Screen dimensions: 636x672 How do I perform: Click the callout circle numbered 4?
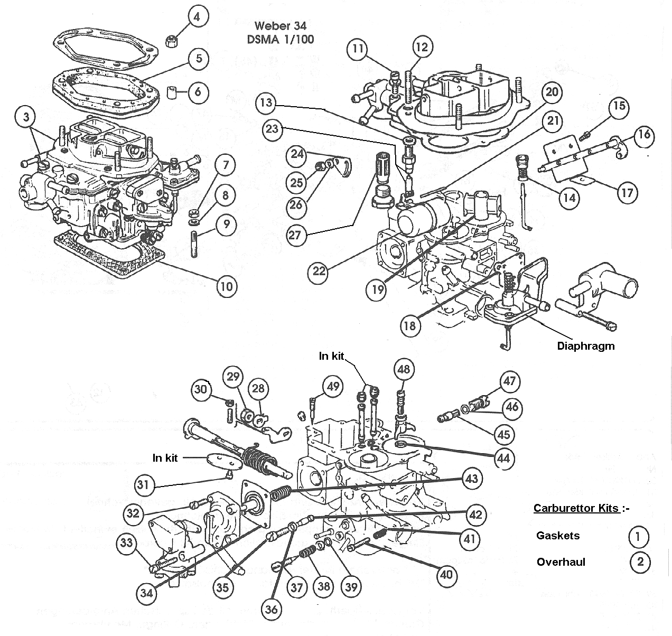197,17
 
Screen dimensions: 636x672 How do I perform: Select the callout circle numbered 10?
226,286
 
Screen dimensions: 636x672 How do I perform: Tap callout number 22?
319,272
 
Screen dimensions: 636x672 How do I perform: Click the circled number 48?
404,369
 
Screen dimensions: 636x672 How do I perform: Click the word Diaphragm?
586,347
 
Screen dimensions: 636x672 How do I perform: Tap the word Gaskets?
558,536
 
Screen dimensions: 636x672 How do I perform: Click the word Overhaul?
561,562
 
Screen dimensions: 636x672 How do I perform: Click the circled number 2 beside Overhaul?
640,562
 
